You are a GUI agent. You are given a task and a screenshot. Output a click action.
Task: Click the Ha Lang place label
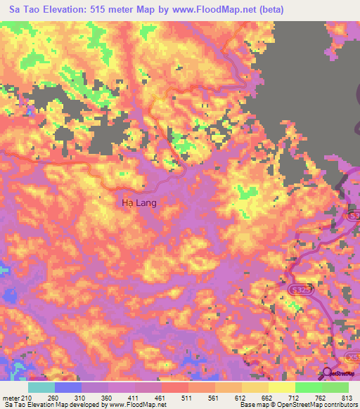pyautogui.click(x=139, y=202)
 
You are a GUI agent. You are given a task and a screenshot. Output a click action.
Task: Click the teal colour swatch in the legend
pyautogui.click(x=41, y=387)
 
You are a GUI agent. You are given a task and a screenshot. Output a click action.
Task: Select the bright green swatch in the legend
pyautogui.click(x=308, y=387)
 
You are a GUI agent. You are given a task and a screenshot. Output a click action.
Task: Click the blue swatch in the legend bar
pyautogui.click(x=68, y=387)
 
